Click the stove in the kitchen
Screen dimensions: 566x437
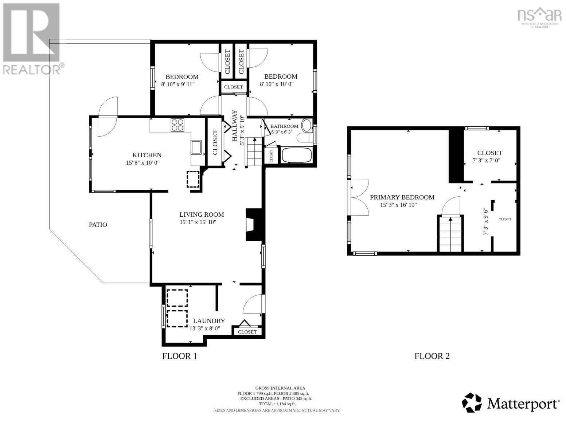(x=177, y=125)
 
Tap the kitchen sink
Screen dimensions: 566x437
(x=196, y=147)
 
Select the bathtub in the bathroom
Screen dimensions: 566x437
(x=297, y=155)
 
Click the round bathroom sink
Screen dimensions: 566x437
(x=307, y=125)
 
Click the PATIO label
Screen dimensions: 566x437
(x=98, y=225)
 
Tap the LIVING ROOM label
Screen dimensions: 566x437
(x=202, y=214)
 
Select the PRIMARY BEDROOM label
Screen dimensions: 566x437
(x=402, y=197)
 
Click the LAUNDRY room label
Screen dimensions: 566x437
(x=209, y=321)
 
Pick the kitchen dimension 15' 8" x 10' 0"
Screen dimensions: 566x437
(x=143, y=163)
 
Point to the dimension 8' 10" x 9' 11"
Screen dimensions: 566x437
(x=178, y=84)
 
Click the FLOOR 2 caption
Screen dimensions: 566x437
(x=432, y=356)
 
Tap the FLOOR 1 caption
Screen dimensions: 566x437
(x=180, y=356)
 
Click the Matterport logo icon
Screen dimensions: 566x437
(x=472, y=403)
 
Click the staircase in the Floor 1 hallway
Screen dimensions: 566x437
(x=254, y=152)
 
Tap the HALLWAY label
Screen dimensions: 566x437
(x=235, y=126)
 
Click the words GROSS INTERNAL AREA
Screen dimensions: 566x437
(x=280, y=388)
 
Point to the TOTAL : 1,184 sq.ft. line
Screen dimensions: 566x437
(x=277, y=404)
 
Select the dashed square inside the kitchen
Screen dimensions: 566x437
(x=193, y=179)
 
